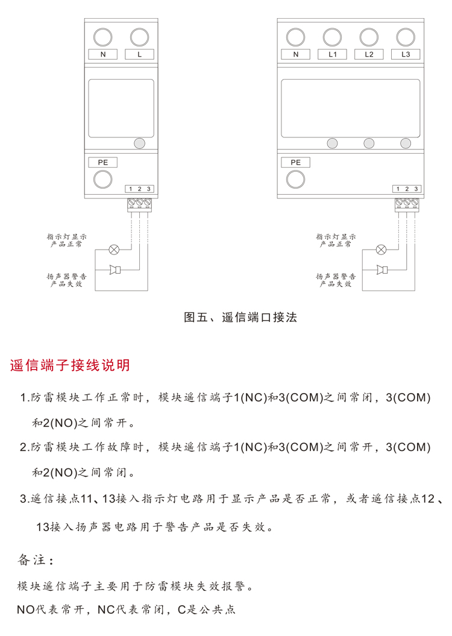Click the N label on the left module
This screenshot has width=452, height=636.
104,55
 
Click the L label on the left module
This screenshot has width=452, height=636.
140,55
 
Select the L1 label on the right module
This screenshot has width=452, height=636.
333,55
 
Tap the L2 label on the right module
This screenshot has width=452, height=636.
369,55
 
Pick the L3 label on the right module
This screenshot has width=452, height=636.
406,55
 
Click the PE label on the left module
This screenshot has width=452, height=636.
103,162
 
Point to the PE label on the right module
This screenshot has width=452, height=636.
295,162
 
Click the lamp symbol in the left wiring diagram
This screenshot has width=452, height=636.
114,248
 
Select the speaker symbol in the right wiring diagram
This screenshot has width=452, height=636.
381,269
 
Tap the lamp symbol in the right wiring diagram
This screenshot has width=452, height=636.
381,248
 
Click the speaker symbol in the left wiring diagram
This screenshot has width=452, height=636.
115,269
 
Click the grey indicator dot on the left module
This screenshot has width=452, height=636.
139,143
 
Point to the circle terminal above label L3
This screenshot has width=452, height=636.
406,37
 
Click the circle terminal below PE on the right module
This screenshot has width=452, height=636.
295,179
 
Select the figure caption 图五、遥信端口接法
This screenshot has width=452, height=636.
240,317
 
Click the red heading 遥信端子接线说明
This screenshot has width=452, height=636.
70,366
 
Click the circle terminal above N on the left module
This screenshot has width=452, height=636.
104,37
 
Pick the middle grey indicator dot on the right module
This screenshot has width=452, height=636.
369,143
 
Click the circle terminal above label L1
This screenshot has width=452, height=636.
333,37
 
